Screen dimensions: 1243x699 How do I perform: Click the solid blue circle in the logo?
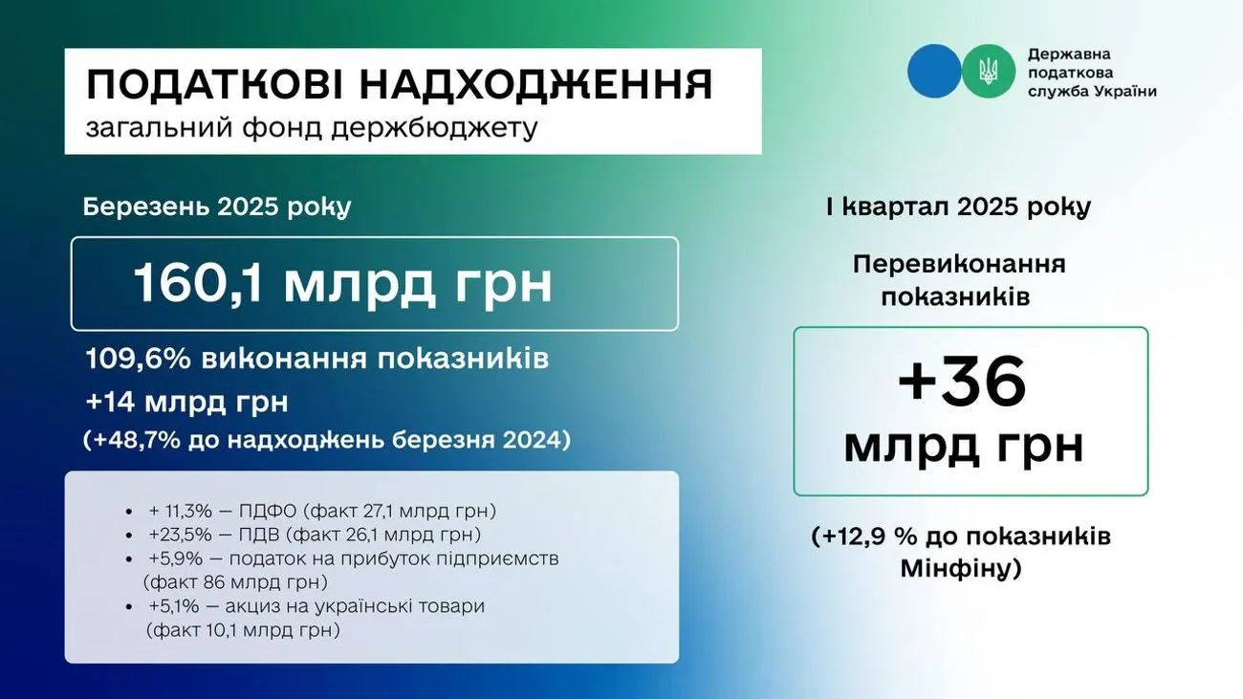[934, 71]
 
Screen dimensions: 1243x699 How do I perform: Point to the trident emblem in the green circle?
[989, 72]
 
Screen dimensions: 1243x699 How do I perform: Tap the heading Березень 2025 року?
[217, 208]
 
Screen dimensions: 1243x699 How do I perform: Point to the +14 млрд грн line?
[187, 403]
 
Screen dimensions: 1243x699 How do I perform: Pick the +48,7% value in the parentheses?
[137, 441]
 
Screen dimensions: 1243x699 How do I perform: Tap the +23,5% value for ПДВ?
[181, 535]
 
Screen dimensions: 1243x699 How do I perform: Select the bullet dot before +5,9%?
[129, 559]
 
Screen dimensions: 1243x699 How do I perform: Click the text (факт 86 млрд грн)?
[235, 582]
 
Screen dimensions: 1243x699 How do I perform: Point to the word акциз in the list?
[253, 606]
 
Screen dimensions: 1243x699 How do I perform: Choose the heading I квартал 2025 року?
[958, 208]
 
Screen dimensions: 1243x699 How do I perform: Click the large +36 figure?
[963, 382]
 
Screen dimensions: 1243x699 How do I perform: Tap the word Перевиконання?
[959, 265]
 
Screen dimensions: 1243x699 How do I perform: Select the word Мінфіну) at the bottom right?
[961, 569]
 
